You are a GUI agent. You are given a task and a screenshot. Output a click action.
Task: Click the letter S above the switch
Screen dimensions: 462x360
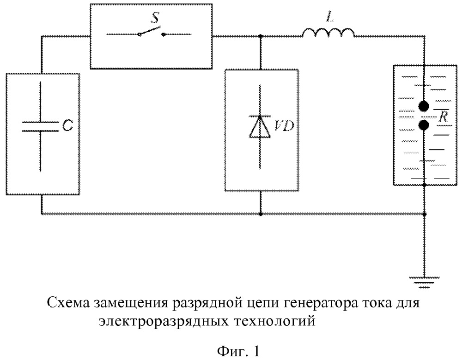[155, 18]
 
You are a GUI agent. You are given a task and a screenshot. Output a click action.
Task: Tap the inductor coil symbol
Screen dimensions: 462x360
[328, 32]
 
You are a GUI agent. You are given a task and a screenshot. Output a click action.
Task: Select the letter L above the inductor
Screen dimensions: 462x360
[330, 17]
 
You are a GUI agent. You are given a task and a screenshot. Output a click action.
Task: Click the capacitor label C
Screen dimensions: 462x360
[68, 126]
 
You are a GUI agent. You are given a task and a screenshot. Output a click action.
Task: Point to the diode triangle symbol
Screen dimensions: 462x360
[260, 127]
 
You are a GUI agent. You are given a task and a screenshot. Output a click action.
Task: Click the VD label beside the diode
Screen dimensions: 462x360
[284, 126]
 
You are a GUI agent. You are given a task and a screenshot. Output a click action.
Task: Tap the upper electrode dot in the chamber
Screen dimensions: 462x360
[424, 107]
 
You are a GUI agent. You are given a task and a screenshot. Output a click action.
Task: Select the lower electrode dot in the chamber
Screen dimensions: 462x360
[424, 126]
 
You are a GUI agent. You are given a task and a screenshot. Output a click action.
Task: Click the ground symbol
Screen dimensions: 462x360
[424, 282]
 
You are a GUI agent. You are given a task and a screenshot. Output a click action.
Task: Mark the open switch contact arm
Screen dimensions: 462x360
[150, 31]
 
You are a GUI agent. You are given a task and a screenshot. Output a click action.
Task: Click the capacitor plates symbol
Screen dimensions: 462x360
[40, 126]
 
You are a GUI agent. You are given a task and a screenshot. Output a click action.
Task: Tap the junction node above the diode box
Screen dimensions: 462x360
[261, 36]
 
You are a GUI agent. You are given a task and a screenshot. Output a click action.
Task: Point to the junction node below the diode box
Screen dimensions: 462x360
[261, 214]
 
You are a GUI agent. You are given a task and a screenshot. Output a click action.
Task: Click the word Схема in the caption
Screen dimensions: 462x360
[68, 303]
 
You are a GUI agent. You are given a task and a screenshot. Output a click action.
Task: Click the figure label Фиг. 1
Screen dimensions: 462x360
[239, 351]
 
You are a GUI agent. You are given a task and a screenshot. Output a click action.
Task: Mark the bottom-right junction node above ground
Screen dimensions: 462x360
[424, 214]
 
